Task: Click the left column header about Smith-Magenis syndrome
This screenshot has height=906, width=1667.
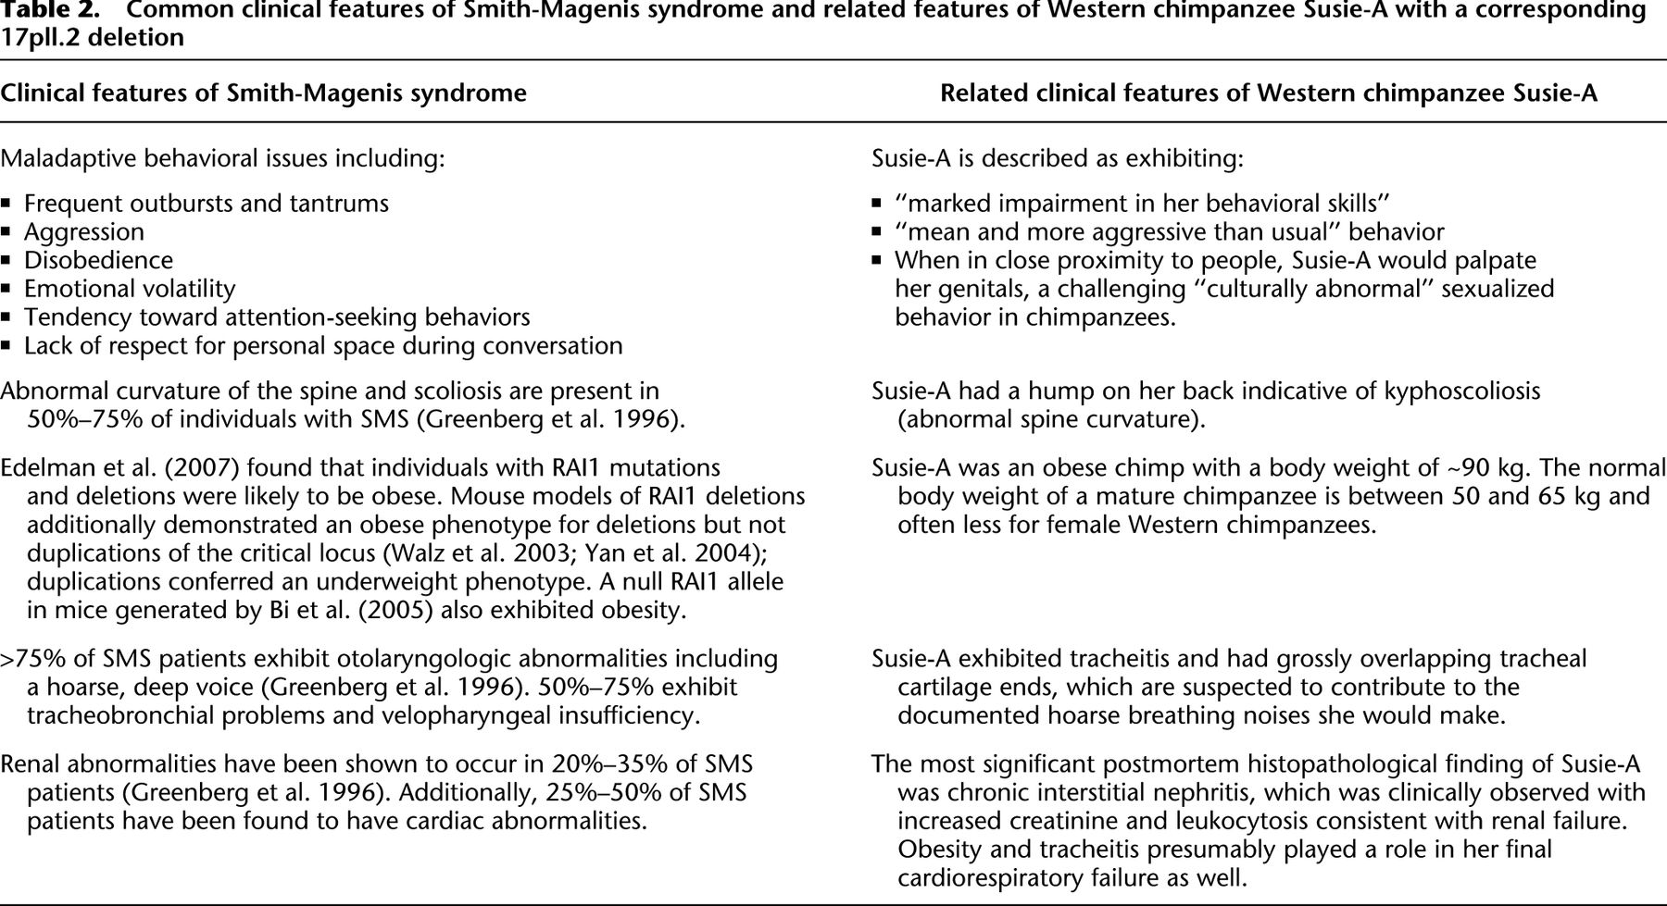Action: coord(263,93)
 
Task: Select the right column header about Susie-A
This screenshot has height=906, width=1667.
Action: coord(1268,93)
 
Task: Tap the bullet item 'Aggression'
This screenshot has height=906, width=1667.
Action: coord(84,231)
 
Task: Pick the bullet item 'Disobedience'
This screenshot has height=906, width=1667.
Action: coord(98,260)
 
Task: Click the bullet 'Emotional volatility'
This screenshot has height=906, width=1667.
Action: coord(130,289)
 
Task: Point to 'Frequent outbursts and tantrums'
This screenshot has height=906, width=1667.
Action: coord(206,204)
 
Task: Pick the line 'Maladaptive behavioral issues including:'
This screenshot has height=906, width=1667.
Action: coord(222,158)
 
